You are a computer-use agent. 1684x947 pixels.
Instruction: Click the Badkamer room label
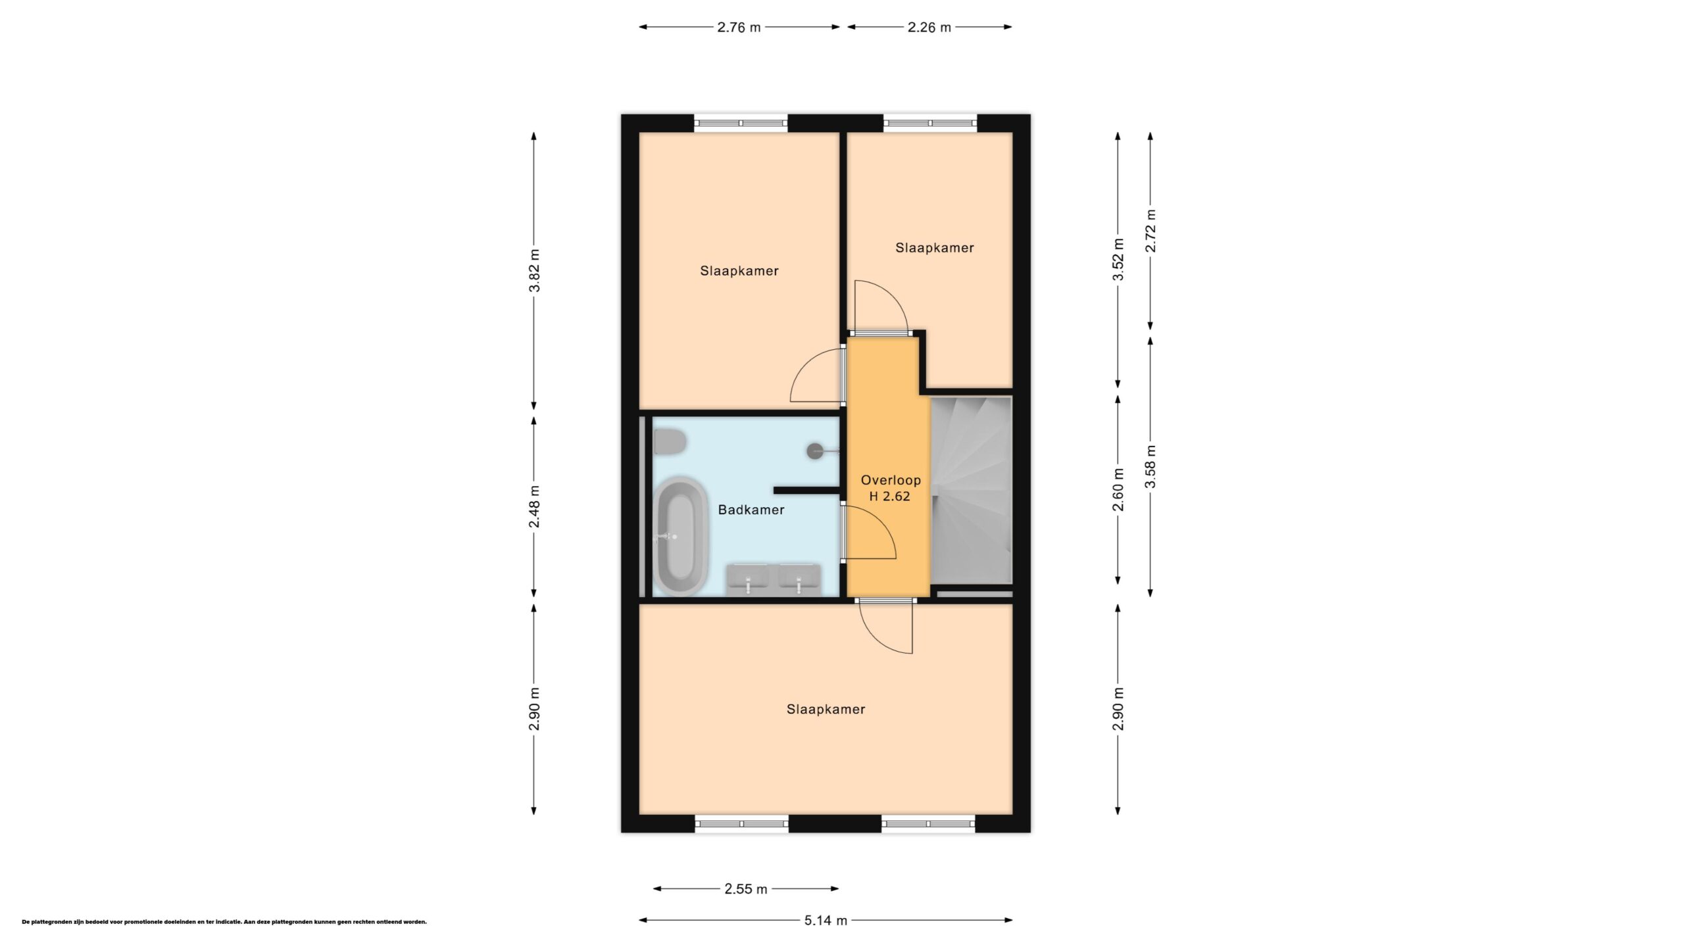pos(751,510)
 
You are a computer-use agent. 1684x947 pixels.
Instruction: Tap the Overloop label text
pos(891,481)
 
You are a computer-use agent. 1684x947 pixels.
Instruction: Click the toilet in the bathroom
pos(670,442)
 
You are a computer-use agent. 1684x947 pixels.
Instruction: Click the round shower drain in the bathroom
pos(815,451)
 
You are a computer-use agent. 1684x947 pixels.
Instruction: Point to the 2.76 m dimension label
pos(739,28)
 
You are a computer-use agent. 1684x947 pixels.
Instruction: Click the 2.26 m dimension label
pos(929,28)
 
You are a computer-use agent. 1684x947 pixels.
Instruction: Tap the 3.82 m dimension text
pos(534,270)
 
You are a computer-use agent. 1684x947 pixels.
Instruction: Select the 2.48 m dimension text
pos(534,507)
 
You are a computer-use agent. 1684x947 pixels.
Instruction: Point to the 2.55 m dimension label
pos(745,889)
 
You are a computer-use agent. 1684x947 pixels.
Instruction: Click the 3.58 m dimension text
pos(1151,467)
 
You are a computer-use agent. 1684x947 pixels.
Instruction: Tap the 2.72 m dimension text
pos(1151,231)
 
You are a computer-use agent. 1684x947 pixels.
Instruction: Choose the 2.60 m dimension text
pos(1118,490)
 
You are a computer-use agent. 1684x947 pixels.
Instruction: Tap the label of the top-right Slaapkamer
pos(934,248)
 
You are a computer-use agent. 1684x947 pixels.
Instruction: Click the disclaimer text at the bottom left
pos(224,922)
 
